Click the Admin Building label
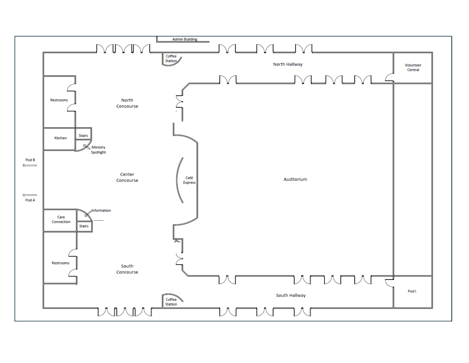click(x=184, y=39)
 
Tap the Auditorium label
click(x=295, y=179)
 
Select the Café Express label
click(x=189, y=180)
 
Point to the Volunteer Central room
click(x=413, y=68)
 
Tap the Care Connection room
click(x=61, y=220)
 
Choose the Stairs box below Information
click(x=84, y=226)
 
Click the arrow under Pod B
click(x=30, y=165)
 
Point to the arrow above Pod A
click(x=30, y=195)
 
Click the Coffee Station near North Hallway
click(x=171, y=59)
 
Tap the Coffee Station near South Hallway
click(x=171, y=302)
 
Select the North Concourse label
click(x=127, y=103)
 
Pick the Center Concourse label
click(x=127, y=177)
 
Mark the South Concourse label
click(x=127, y=269)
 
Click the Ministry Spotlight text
click(x=98, y=150)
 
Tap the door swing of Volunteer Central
click(x=389, y=77)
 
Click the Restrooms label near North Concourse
click(x=59, y=100)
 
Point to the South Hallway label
click(x=290, y=296)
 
